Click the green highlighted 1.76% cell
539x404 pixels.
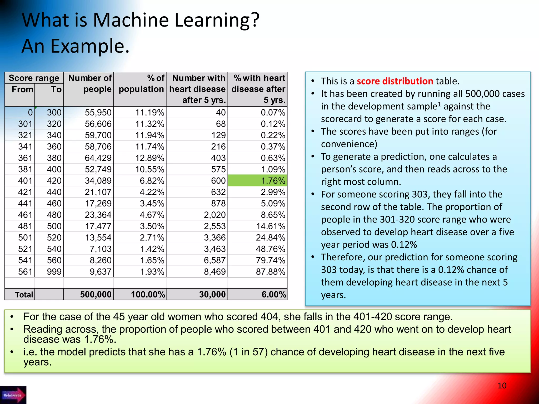pos(257,181)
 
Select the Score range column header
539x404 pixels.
pos(34,78)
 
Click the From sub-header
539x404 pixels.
pos(22,89)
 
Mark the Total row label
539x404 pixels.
pos(24,295)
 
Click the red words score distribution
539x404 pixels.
pos(395,81)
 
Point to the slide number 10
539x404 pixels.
pos(502,386)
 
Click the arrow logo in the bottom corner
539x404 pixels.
pos(13,395)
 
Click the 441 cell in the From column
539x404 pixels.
pos(25,204)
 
